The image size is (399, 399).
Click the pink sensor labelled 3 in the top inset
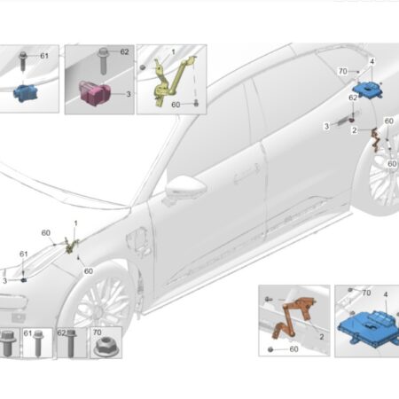(x=95, y=92)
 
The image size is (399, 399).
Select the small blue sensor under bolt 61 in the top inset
(x=26, y=93)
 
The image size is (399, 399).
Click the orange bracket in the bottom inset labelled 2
(x=294, y=317)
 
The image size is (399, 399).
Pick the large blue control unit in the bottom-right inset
(x=368, y=328)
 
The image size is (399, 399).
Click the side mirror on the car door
(x=185, y=188)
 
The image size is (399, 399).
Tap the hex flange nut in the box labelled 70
(x=106, y=347)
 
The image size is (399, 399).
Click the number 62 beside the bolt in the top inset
(x=124, y=52)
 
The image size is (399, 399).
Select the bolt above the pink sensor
(x=103, y=60)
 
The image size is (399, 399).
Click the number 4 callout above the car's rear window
(x=372, y=61)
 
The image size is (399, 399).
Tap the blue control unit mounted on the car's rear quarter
(x=367, y=89)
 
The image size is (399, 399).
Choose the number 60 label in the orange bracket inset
(x=293, y=349)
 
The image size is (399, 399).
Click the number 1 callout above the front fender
(x=76, y=223)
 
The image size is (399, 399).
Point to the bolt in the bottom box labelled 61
(x=38, y=343)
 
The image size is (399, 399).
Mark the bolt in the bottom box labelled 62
(x=71, y=343)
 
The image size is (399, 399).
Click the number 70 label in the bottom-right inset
(x=366, y=293)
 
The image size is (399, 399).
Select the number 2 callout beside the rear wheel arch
(x=355, y=130)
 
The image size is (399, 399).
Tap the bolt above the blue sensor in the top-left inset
(x=22, y=61)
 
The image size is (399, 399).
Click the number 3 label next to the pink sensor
(x=129, y=94)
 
